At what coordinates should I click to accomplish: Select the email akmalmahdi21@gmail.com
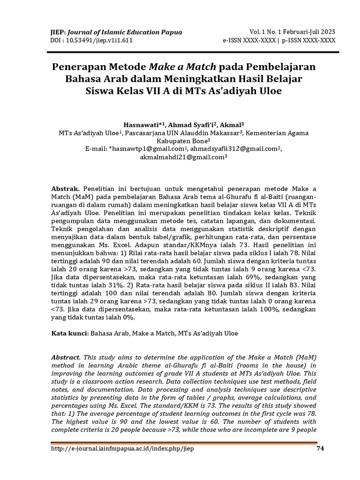pyautogui.click(x=182, y=157)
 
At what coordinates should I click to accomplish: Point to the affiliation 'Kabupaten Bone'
pyautogui.click(x=181, y=141)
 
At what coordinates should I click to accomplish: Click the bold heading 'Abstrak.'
pyautogui.click(x=66, y=188)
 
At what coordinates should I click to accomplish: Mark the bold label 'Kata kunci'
pyautogui.click(x=68, y=334)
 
